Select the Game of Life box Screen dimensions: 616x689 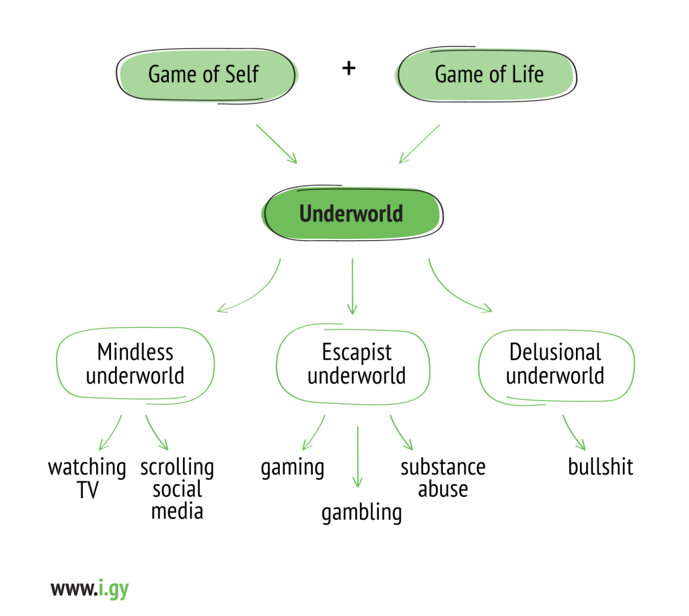pyautogui.click(x=487, y=74)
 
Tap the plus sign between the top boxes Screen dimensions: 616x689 pyautogui.click(x=349, y=69)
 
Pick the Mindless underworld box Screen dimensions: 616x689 pyautogui.click(x=135, y=364)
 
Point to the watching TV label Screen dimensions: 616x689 pyautogui.click(x=87, y=478)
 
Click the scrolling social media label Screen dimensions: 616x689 pyautogui.click(x=177, y=489)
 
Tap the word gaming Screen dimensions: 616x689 pyautogui.click(x=292, y=467)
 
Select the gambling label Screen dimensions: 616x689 pyautogui.click(x=361, y=512)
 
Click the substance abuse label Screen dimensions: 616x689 pyautogui.click(x=443, y=478)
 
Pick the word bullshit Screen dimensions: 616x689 pyautogui.click(x=600, y=467)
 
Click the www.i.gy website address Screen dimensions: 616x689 pyautogui.click(x=89, y=589)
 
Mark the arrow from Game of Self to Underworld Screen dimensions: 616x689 pyautogui.click(x=276, y=143)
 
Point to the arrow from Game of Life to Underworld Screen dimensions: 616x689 pyautogui.click(x=419, y=143)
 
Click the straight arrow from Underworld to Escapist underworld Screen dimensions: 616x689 pyautogui.click(x=351, y=286)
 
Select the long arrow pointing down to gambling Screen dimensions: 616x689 pyautogui.click(x=357, y=456)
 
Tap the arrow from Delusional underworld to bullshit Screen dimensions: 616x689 pyautogui.click(x=573, y=433)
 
